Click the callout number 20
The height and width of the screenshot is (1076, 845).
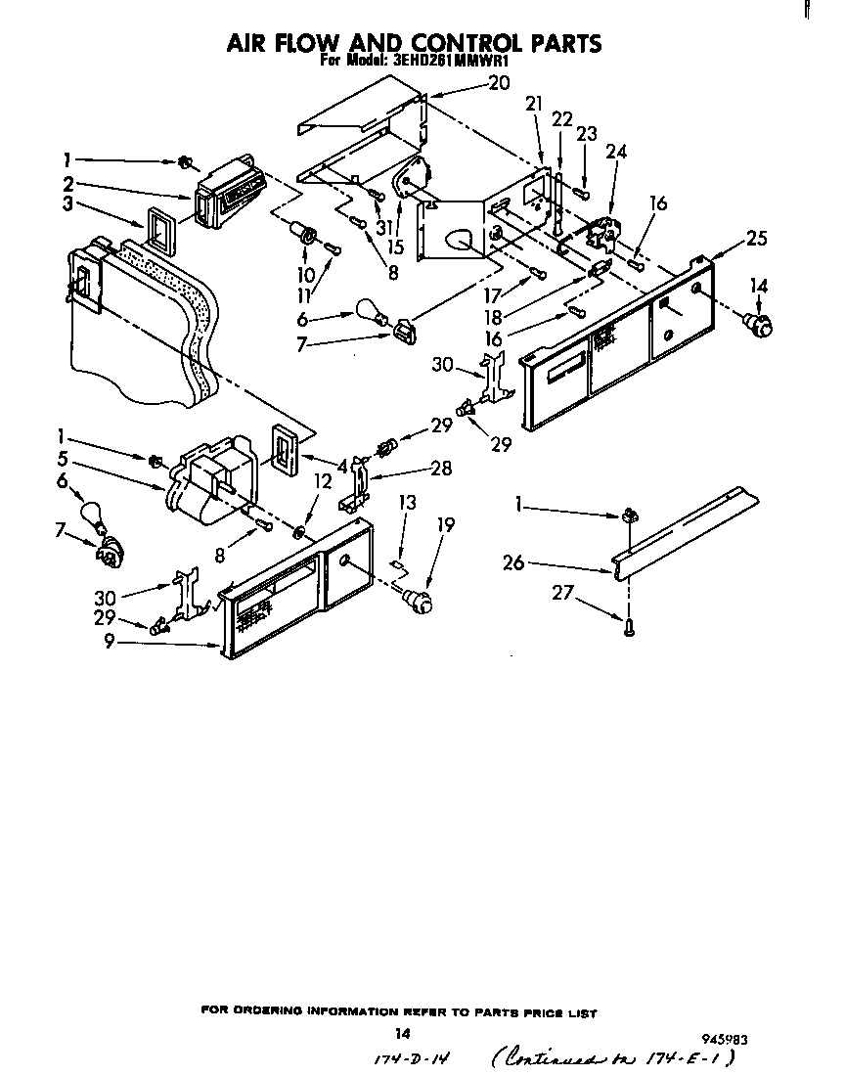point(499,84)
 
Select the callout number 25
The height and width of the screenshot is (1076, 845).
point(755,239)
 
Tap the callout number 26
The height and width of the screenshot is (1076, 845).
point(540,562)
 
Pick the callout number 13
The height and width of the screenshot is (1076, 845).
point(407,503)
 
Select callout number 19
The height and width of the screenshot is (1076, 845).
point(445,525)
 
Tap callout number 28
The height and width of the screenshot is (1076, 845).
point(441,469)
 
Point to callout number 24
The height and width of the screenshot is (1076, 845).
point(616,152)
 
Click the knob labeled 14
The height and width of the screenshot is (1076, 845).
point(759,320)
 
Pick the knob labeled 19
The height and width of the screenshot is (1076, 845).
point(421,599)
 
